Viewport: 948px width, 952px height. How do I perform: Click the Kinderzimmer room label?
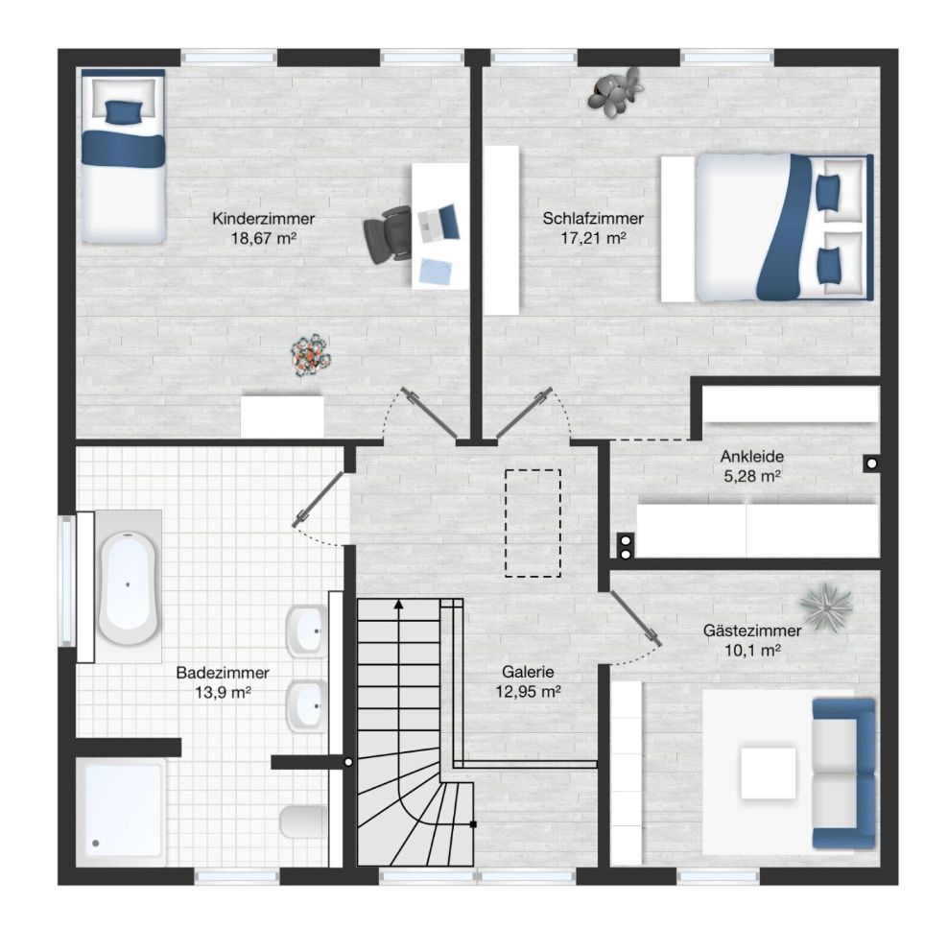click(x=264, y=219)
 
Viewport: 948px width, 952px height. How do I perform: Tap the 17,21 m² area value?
click(x=593, y=238)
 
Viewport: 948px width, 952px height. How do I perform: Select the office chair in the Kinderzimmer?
click(x=388, y=234)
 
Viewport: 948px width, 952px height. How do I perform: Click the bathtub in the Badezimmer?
click(x=128, y=587)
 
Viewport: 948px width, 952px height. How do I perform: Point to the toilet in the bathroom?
click(x=303, y=821)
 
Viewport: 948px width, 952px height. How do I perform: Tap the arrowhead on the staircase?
click(x=399, y=604)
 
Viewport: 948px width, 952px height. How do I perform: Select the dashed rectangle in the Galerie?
click(x=533, y=523)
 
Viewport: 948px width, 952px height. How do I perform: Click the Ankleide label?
click(x=752, y=456)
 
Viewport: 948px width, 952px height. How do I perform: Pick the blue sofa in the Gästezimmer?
click(x=844, y=773)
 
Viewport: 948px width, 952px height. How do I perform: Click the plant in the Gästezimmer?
click(x=825, y=607)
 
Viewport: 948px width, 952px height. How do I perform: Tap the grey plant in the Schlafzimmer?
click(x=615, y=89)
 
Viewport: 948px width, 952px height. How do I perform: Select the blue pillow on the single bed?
click(x=124, y=111)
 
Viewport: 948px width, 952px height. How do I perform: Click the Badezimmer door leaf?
click(x=319, y=499)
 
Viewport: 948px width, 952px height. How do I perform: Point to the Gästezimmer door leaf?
click(x=635, y=618)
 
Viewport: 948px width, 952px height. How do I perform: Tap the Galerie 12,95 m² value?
click(x=528, y=692)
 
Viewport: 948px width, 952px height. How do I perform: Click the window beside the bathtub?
click(x=66, y=580)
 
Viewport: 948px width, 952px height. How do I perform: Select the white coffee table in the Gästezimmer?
click(x=768, y=773)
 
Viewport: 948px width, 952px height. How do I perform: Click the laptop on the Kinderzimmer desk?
click(x=438, y=224)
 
